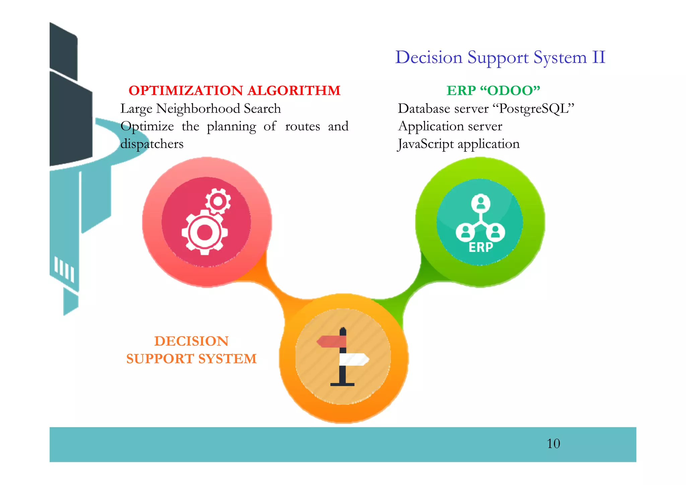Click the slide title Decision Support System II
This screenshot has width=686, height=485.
tap(500, 57)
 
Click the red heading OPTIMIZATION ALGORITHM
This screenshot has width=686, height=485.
tap(234, 90)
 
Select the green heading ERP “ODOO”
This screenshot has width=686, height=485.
tap(493, 90)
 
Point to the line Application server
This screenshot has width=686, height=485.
tap(450, 126)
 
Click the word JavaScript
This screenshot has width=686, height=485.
tap(425, 144)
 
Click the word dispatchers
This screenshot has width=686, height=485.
tap(152, 144)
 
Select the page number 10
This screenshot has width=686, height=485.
tap(553, 444)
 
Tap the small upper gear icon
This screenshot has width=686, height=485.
tap(218, 201)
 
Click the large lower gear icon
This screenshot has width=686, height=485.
tap(205, 232)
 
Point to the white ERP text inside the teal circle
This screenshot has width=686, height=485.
tap(481, 247)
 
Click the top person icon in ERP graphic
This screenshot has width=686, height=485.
tap(481, 203)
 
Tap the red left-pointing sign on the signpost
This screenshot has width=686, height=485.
tap(332, 342)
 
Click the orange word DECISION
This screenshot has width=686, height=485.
tap(191, 341)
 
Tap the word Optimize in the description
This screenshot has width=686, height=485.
tap(147, 126)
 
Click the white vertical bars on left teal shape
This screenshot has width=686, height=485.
tap(64, 269)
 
